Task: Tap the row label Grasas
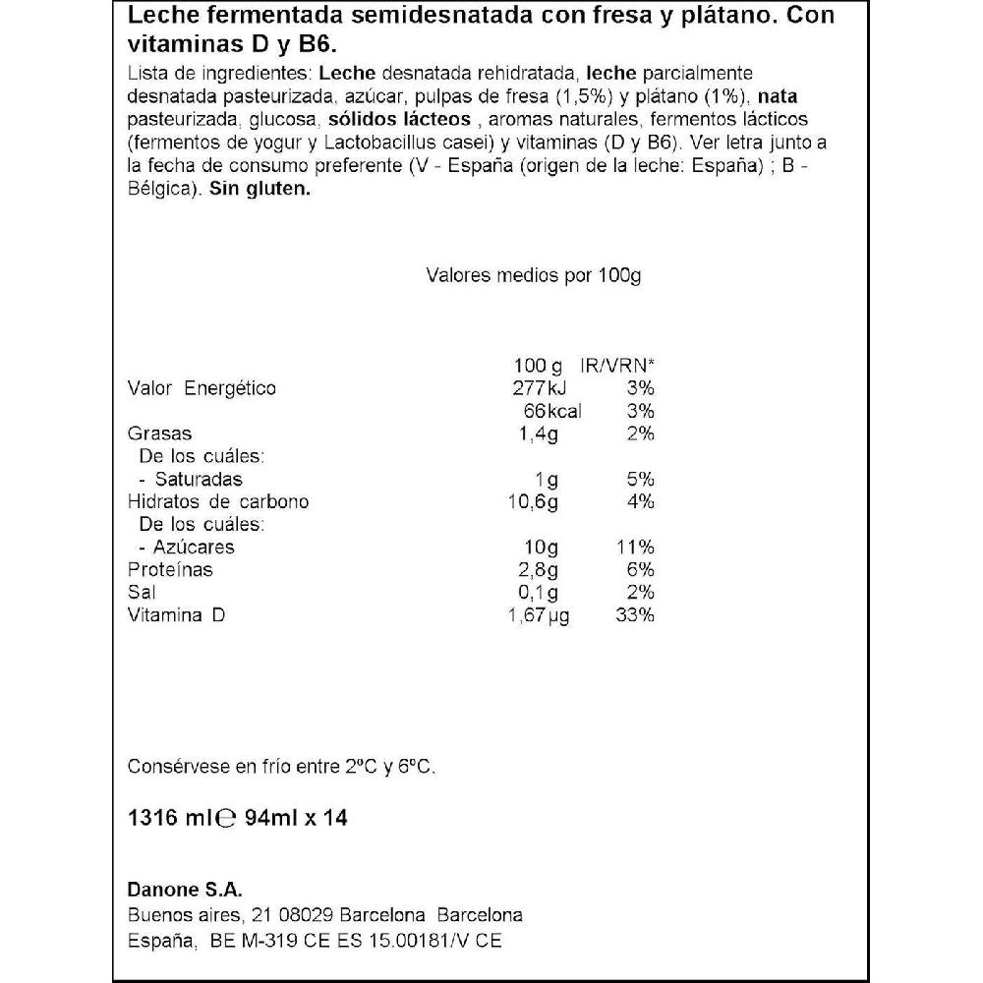[x=160, y=434]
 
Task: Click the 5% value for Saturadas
[x=639, y=480]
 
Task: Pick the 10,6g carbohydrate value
[x=534, y=502]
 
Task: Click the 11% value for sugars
[x=635, y=548]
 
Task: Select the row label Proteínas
[x=171, y=570]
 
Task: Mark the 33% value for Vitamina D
[x=635, y=616]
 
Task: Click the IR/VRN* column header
[x=617, y=366]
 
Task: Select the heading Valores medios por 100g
[x=533, y=276]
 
